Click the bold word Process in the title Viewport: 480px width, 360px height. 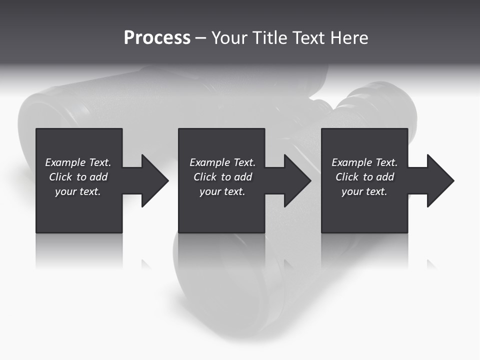tap(157, 38)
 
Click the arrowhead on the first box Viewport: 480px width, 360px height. tap(153, 180)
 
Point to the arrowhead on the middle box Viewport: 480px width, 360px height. tap(296, 180)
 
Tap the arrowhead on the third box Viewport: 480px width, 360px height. tap(439, 180)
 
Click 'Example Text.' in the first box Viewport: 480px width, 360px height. tap(78, 162)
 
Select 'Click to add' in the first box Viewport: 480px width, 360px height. tap(78, 177)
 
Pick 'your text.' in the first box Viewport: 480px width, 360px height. tap(78, 191)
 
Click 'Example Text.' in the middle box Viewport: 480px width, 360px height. tap(222, 162)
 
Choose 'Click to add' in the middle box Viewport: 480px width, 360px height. tap(222, 177)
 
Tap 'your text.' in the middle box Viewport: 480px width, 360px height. tap(222, 191)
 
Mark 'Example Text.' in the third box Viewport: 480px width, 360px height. tap(364, 162)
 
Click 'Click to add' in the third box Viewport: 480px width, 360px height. tap(364, 177)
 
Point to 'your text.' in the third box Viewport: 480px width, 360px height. tap(364, 191)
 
